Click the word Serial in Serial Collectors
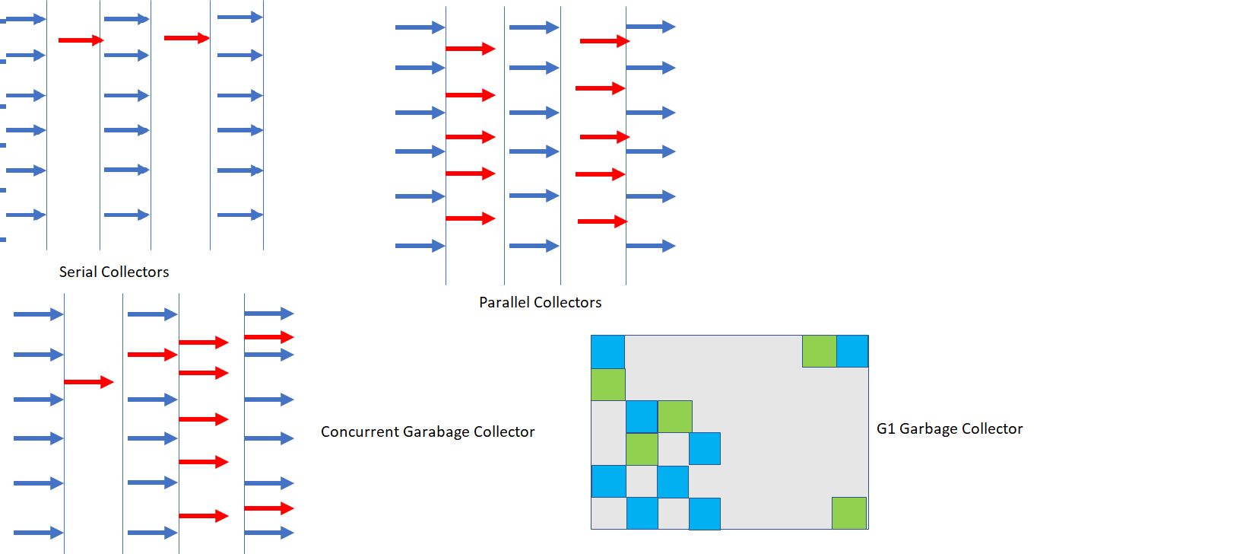(x=78, y=272)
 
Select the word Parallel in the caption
(x=503, y=302)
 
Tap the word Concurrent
(x=360, y=431)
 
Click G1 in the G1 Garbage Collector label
(x=886, y=428)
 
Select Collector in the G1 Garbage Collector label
(x=992, y=428)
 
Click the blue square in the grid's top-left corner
(x=607, y=352)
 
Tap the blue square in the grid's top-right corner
(x=852, y=351)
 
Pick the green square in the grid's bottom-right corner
(x=849, y=513)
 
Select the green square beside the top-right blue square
(x=819, y=351)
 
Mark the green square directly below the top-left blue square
(x=607, y=384)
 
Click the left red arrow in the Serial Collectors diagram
(x=81, y=40)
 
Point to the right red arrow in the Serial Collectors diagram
(x=186, y=37)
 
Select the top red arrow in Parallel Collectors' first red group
(x=470, y=49)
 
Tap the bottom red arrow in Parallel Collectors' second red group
(x=602, y=221)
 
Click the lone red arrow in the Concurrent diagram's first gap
(x=88, y=382)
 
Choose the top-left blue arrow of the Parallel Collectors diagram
(x=420, y=27)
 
